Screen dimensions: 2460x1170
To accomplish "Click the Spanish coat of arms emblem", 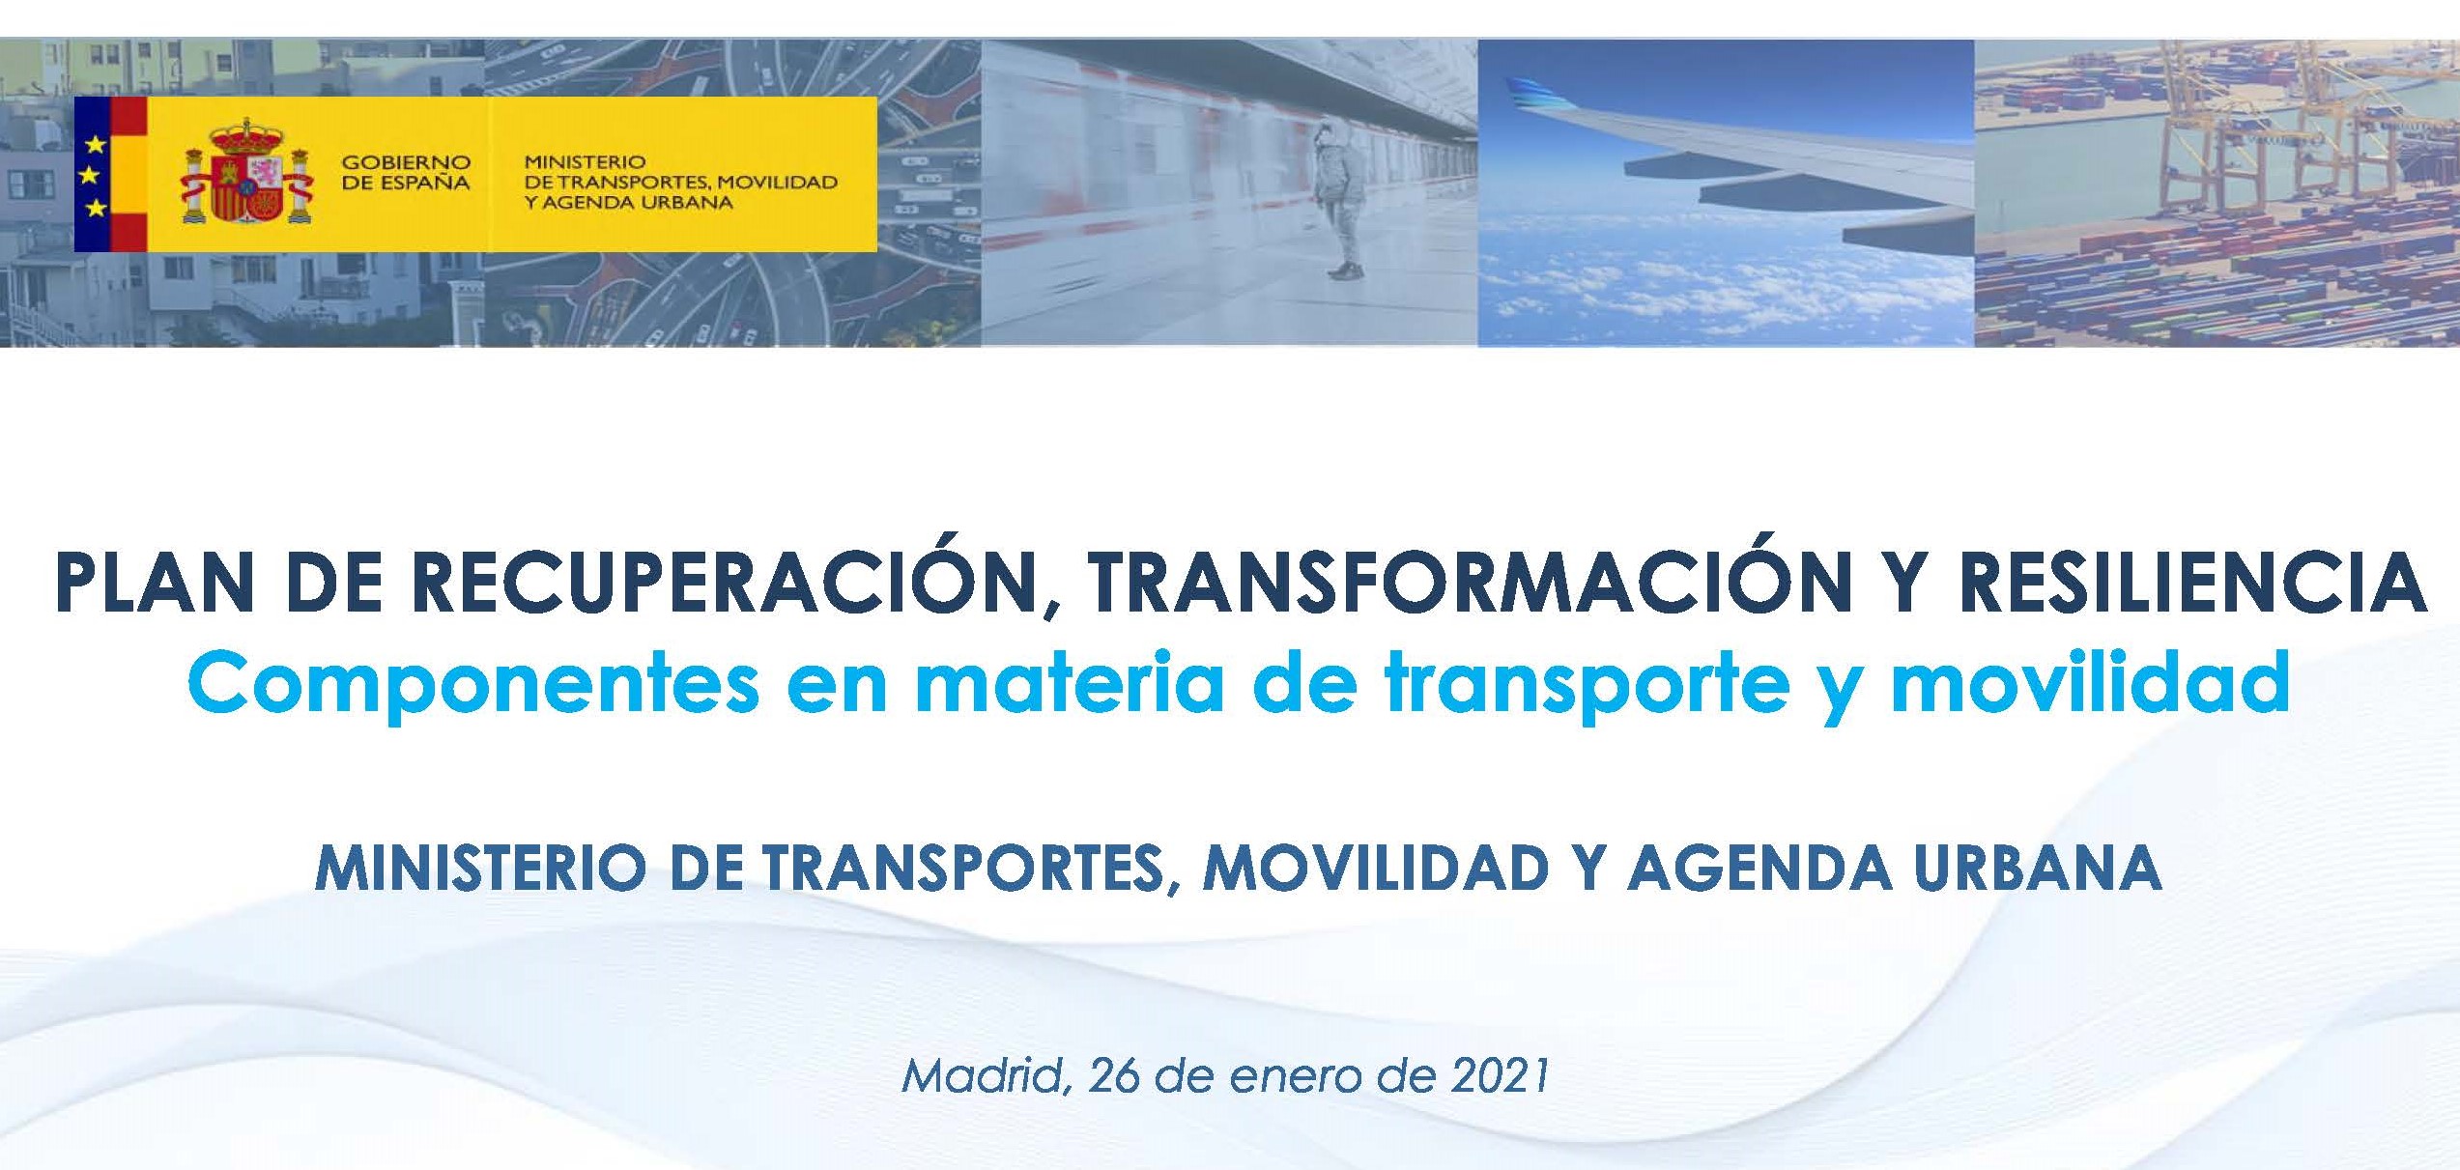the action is pyautogui.click(x=246, y=172).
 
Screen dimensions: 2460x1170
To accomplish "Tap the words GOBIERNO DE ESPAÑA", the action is pyautogui.click(x=406, y=173).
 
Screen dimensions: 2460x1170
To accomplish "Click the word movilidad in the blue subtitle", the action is pyautogui.click(x=2089, y=681).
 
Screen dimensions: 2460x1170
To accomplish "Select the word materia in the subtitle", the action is pyautogui.click(x=1070, y=681).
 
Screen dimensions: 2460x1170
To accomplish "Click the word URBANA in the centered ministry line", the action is pyautogui.click(x=2039, y=868).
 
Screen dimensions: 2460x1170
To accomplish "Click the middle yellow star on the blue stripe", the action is pyautogui.click(x=95, y=175).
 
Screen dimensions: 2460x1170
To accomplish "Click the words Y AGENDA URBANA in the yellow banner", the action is pyautogui.click(x=628, y=203).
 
